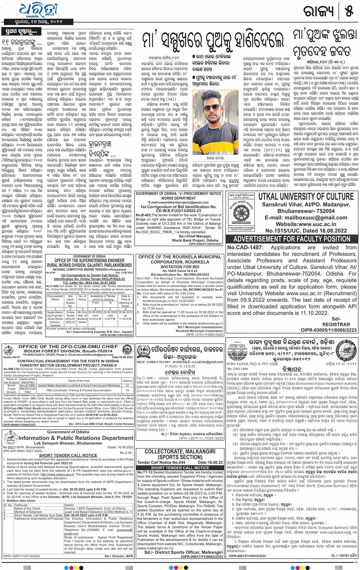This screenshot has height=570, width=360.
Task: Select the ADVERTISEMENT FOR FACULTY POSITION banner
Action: tap(292, 239)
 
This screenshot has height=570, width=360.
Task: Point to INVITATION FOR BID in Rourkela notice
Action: tap(180, 267)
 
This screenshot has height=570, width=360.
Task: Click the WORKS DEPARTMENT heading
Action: tap(178, 198)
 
